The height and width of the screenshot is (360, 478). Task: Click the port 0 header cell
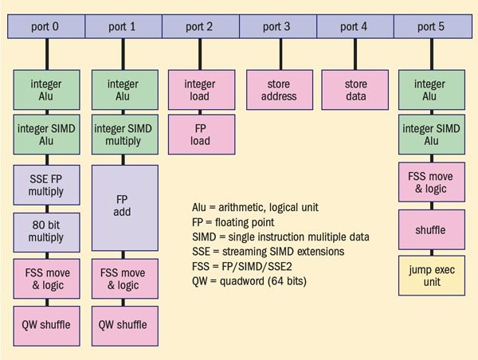coord(45,26)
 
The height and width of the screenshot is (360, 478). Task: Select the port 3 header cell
coord(277,26)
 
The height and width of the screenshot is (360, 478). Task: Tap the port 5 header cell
coord(432,26)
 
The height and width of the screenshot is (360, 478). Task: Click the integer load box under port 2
coord(199,90)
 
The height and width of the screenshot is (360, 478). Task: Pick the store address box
coord(277,90)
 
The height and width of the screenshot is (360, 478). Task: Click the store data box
coord(355,90)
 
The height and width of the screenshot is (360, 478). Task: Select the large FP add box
coord(123,208)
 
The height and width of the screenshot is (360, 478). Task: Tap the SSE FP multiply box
coord(45,184)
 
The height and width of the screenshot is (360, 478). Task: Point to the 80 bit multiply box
coord(45,231)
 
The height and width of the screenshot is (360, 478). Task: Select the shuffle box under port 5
coord(432,230)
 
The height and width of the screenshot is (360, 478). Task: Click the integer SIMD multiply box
coord(123,135)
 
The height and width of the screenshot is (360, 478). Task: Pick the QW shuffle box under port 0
coord(45,324)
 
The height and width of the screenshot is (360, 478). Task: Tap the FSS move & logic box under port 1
coord(123,279)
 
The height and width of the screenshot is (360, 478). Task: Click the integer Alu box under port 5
coord(432,90)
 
